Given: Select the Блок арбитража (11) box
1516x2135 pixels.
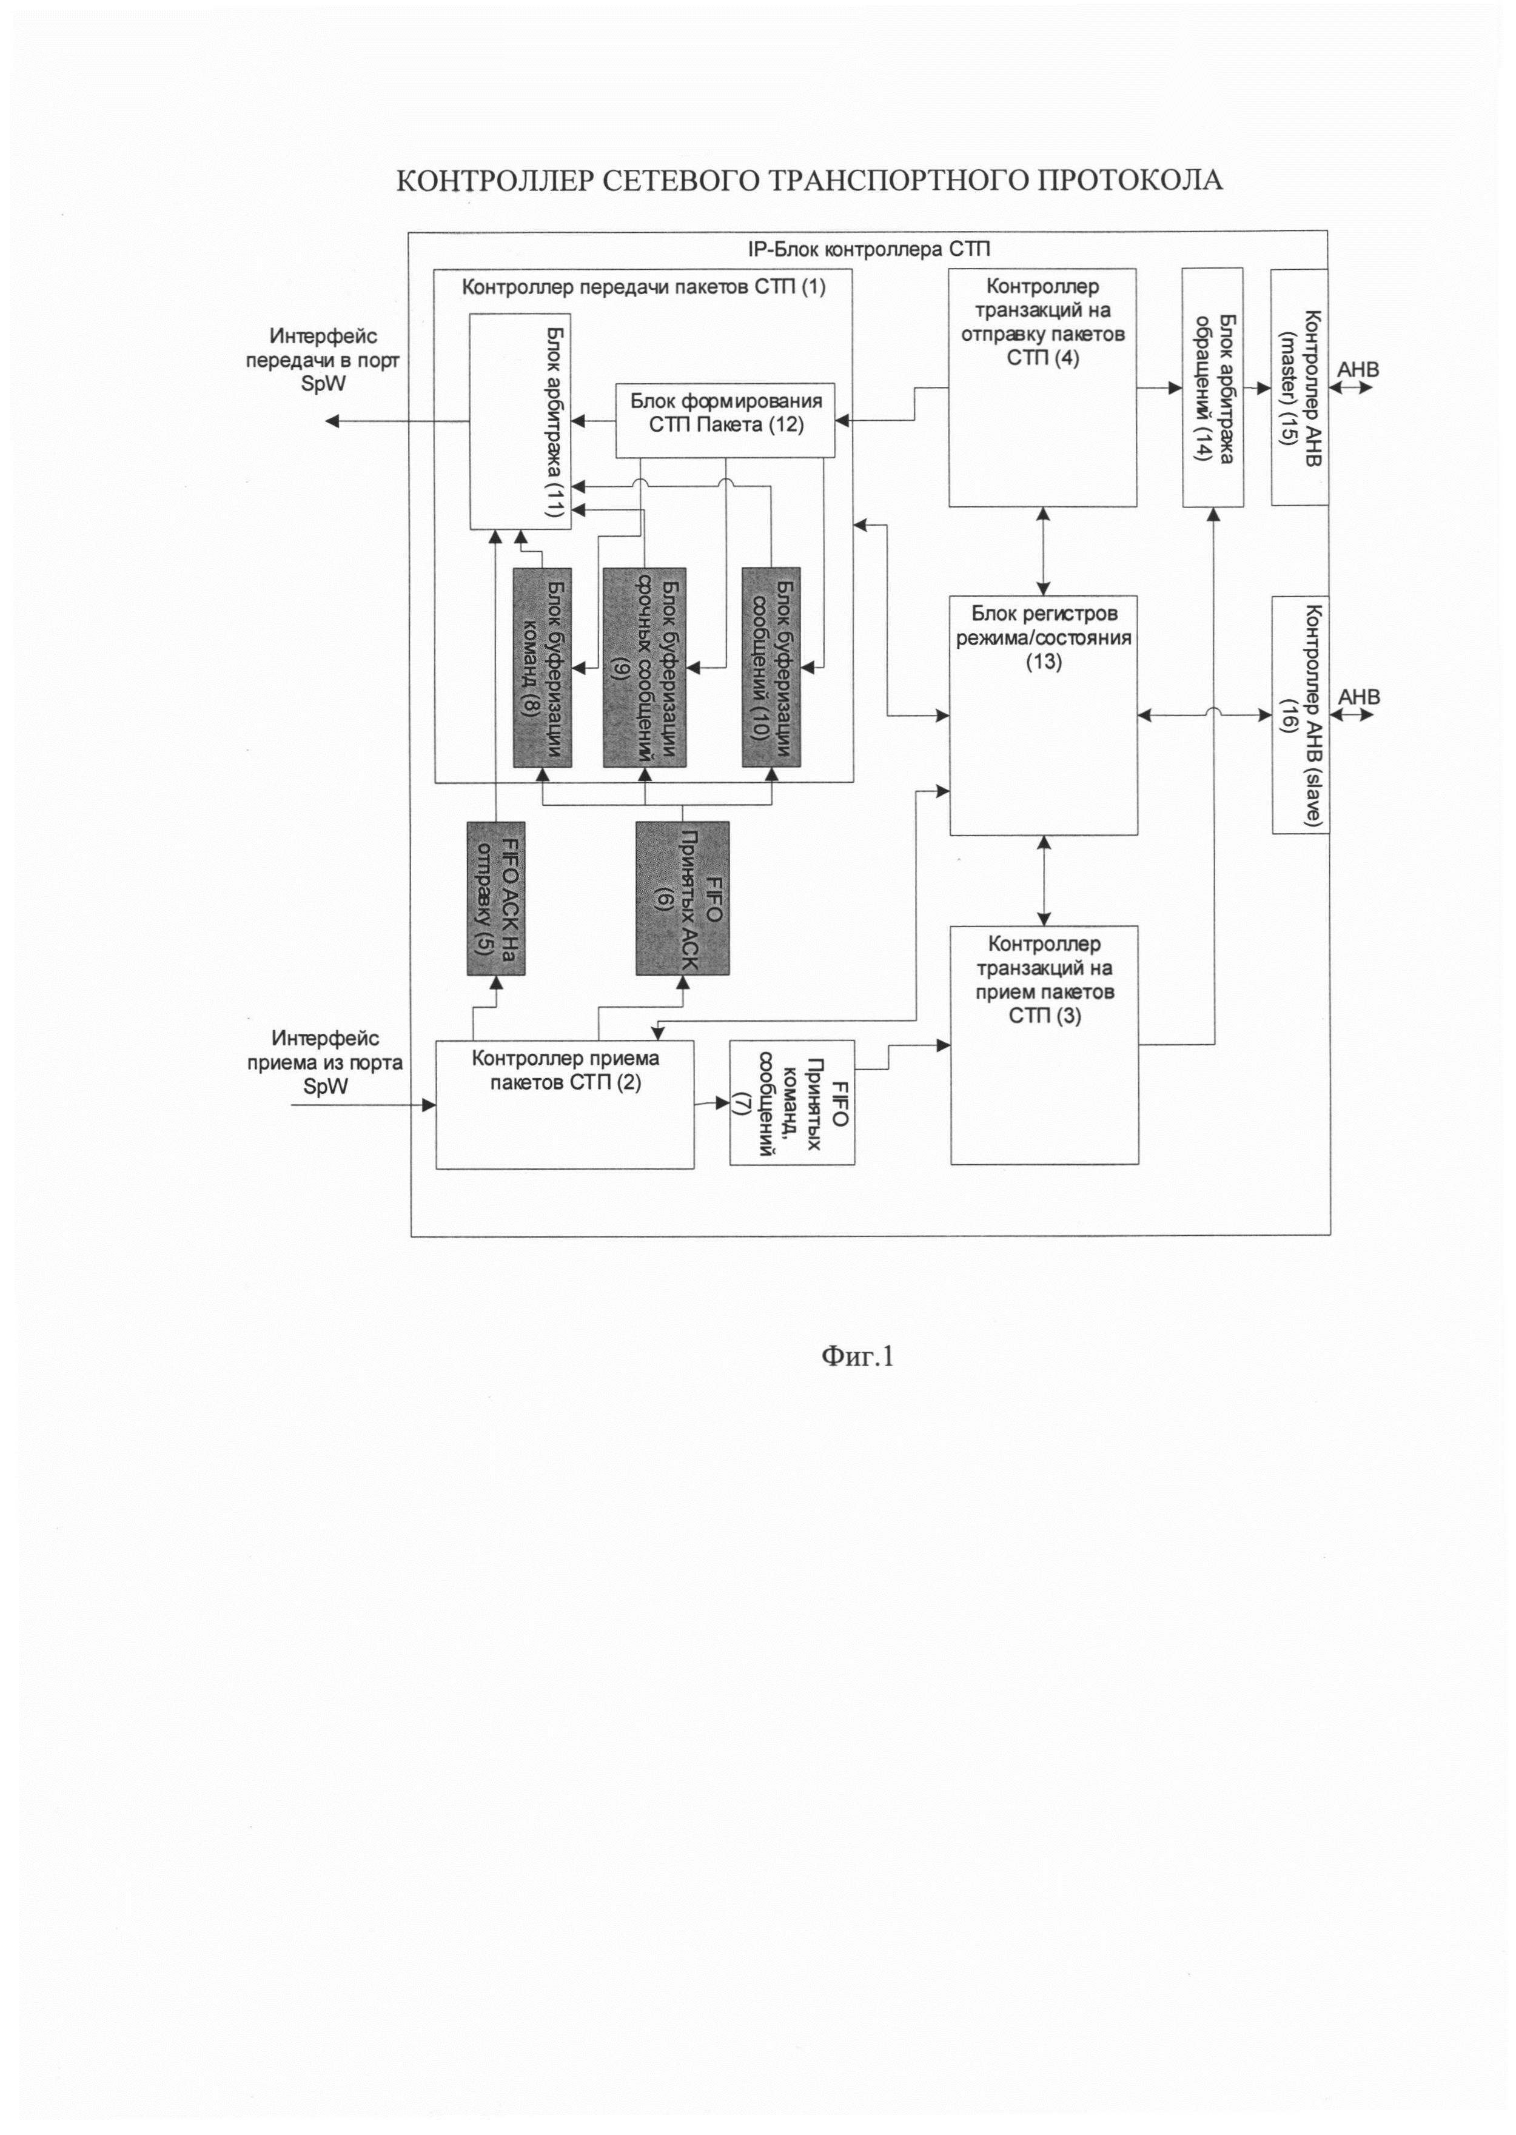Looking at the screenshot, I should pyautogui.click(x=519, y=422).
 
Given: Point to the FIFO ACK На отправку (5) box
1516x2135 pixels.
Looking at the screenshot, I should pyautogui.click(x=495, y=898).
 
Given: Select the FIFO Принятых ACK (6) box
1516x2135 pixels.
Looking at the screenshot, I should pyautogui.click(x=682, y=898).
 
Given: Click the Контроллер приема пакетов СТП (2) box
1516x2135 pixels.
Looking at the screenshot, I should pyautogui.click(x=565, y=1104).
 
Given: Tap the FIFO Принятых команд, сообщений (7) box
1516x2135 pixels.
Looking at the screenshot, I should pyautogui.click(x=791, y=1102).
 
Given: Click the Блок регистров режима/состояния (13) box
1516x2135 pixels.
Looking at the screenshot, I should pyautogui.click(x=1043, y=714).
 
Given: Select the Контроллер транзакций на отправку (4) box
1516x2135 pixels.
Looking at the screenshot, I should pyautogui.click(x=1042, y=387).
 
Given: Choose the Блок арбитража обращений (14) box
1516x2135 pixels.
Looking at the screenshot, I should pyautogui.click(x=1213, y=387).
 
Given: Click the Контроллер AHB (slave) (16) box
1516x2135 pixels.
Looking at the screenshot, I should pyautogui.click(x=1300, y=714).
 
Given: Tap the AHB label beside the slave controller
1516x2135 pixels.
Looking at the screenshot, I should pyautogui.click(x=1358, y=697).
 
